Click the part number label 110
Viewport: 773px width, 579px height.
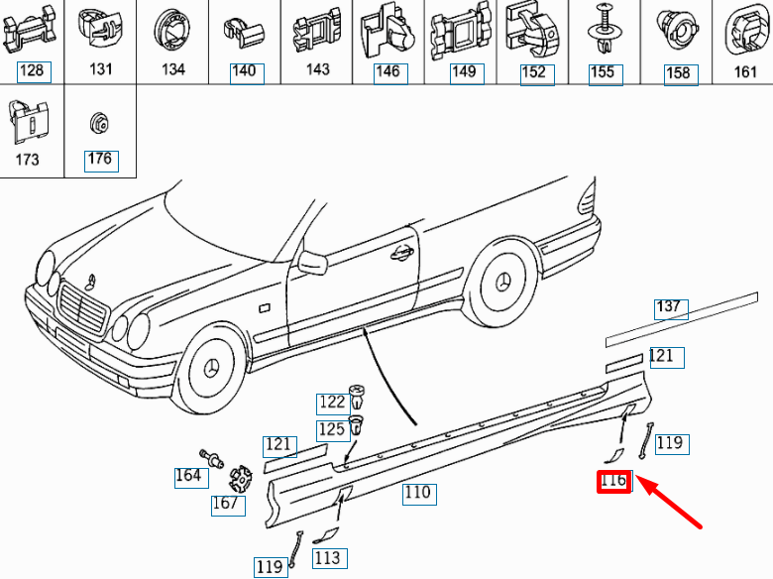tap(417, 492)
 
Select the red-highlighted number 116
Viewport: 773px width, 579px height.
tap(613, 482)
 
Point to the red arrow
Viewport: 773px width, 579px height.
tap(674, 503)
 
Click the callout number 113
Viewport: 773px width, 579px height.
tap(328, 558)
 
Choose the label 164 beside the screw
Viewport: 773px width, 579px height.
tap(187, 476)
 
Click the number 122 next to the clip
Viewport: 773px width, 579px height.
tap(332, 402)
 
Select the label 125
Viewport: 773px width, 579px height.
tap(332, 429)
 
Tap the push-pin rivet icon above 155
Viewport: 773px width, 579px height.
tap(602, 30)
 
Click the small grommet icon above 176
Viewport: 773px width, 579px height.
tap(99, 123)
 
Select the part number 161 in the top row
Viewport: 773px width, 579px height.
tap(745, 71)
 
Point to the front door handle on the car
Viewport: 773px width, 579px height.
tap(402, 251)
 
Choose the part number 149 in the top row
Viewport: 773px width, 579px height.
tap(464, 71)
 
